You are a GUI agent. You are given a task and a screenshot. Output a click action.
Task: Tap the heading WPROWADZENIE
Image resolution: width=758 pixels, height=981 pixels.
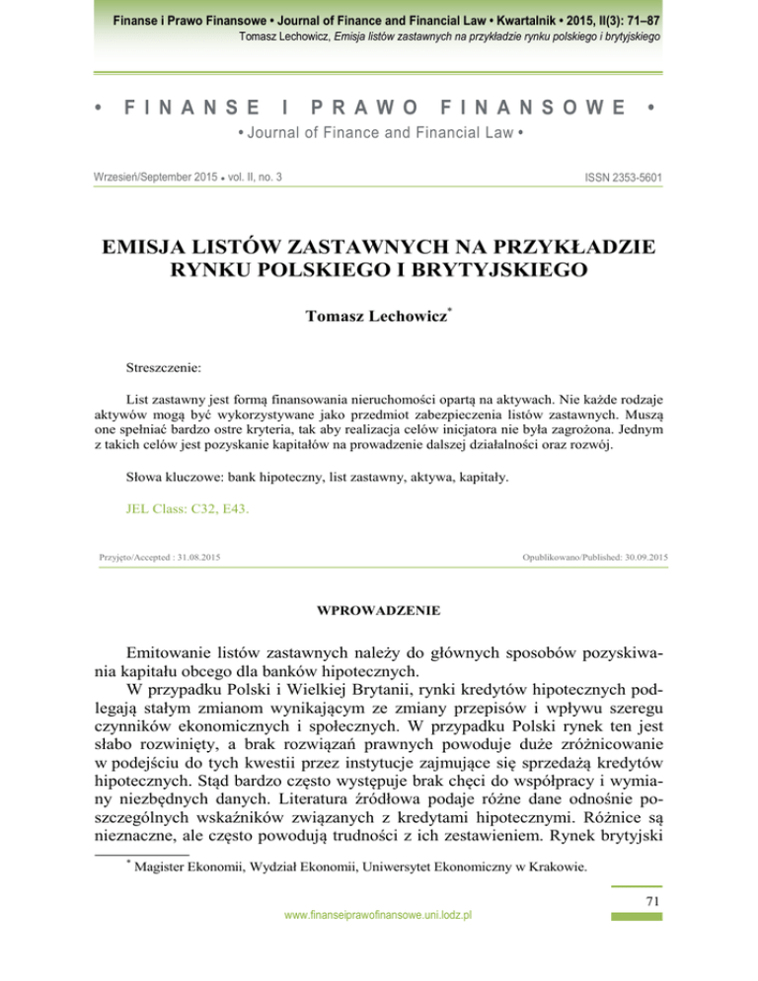[378, 611]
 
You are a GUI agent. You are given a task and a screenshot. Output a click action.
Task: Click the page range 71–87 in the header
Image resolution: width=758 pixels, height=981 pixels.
[639, 19]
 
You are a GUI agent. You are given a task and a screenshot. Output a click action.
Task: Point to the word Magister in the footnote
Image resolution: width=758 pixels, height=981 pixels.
[163, 868]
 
